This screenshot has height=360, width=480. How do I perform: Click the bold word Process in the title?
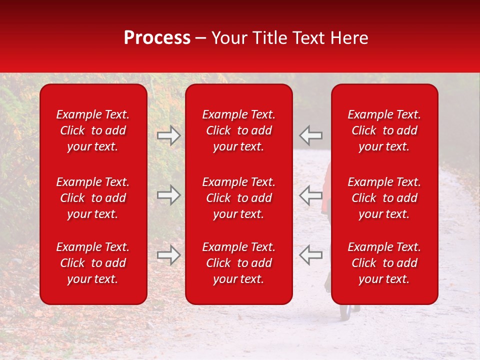click(157, 38)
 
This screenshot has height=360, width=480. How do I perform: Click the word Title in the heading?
click(269, 38)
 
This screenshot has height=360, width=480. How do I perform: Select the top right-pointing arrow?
click(169, 135)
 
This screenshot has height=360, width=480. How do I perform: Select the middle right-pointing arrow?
click(169, 195)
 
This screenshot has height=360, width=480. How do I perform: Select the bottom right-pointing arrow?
click(169, 255)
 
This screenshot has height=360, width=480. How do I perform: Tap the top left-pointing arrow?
click(311, 135)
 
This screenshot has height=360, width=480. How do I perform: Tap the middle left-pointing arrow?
click(311, 195)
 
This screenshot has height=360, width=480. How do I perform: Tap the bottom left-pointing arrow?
click(311, 255)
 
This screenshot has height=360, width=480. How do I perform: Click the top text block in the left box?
click(93, 130)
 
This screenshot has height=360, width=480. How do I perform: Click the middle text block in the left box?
click(93, 198)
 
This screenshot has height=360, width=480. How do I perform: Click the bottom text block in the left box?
click(93, 263)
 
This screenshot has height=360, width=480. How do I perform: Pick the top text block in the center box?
click(238, 130)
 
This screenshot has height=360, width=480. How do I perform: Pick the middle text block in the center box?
click(238, 198)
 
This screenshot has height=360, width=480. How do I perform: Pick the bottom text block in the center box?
click(238, 263)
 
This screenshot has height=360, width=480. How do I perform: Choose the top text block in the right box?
click(384, 130)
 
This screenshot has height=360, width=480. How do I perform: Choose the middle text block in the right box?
click(384, 198)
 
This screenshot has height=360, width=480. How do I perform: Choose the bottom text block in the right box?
click(384, 263)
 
